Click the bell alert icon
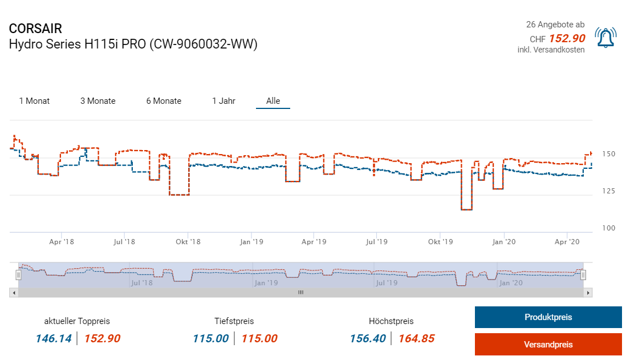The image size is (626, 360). pyautogui.click(x=605, y=38)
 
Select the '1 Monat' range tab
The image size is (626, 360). pyautogui.click(x=34, y=101)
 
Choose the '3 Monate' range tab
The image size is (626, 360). pyautogui.click(x=97, y=101)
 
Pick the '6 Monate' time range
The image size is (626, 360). pyautogui.click(x=164, y=101)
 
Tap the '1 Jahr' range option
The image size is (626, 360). pyautogui.click(x=223, y=101)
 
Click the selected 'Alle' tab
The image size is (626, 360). pyautogui.click(x=273, y=101)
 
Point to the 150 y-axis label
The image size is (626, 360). pyautogui.click(x=608, y=154)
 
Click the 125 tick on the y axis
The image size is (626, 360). pyautogui.click(x=608, y=191)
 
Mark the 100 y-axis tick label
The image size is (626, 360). pyautogui.click(x=608, y=228)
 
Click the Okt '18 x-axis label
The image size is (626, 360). pyautogui.click(x=188, y=242)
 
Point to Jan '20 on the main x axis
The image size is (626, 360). pyautogui.click(x=503, y=242)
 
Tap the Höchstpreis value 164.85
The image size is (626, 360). pyautogui.click(x=416, y=338)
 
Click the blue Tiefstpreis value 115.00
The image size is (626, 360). pyautogui.click(x=210, y=338)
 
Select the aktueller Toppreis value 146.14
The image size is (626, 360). pyautogui.click(x=54, y=338)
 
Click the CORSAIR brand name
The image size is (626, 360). pyautogui.click(x=35, y=29)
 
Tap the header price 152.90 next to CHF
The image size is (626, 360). pyautogui.click(x=567, y=38)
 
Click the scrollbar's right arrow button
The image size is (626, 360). pyautogui.click(x=589, y=292)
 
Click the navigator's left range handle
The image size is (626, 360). pyautogui.click(x=18, y=275)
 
